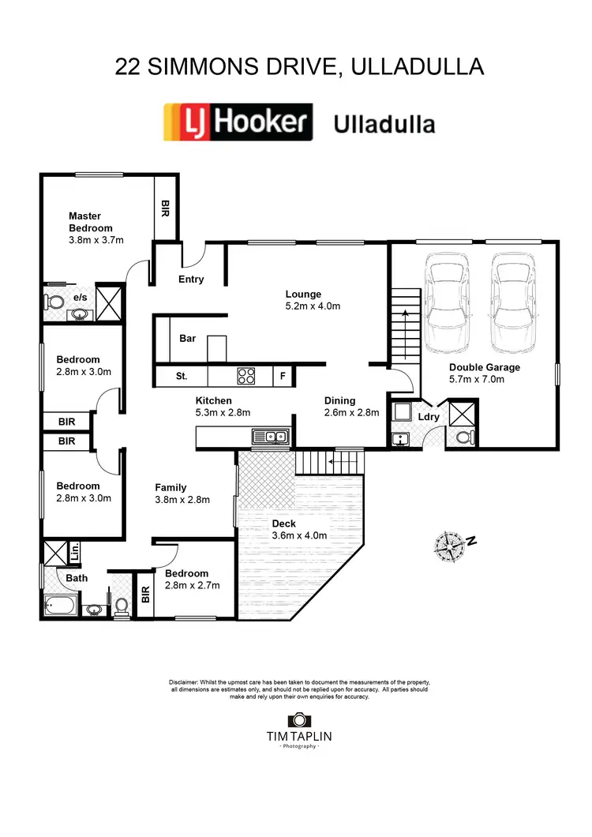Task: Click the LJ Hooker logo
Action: coord(238,122)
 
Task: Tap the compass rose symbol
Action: coord(451,544)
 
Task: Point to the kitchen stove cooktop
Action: coord(246,376)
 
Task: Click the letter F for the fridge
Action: coord(283,377)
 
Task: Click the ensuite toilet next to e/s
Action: coord(54,302)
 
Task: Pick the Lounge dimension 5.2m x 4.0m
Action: coord(313,306)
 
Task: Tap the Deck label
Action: coord(283,523)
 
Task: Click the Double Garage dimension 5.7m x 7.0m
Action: coord(485,380)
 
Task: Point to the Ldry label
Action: coord(429,416)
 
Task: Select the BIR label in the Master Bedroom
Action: coord(165,208)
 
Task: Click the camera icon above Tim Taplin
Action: coord(298,719)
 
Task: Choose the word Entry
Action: coord(191,279)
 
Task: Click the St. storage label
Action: coord(182,377)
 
